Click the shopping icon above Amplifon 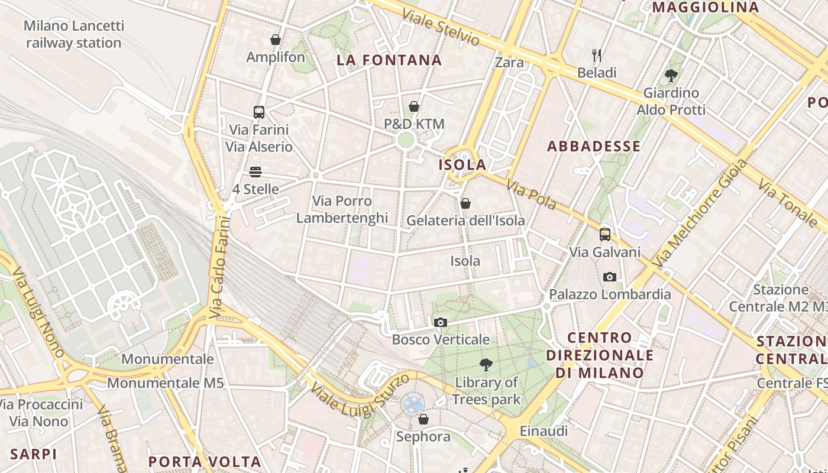point(276,40)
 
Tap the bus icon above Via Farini point(258,112)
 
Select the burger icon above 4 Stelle point(255,172)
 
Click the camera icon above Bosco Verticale point(440,322)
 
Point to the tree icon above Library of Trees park point(486,364)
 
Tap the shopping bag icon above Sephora point(423,419)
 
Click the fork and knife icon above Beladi point(597,56)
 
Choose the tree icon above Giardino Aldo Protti point(671,76)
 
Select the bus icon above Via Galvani point(604,234)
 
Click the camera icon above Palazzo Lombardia point(609,277)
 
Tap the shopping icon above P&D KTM point(414,106)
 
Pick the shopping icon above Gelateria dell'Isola point(465,203)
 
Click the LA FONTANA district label point(389,60)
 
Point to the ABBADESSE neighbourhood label point(594,146)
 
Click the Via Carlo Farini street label point(219,267)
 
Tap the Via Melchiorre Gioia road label point(698,213)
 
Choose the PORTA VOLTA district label point(205,461)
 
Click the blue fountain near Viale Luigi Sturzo point(413,404)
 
